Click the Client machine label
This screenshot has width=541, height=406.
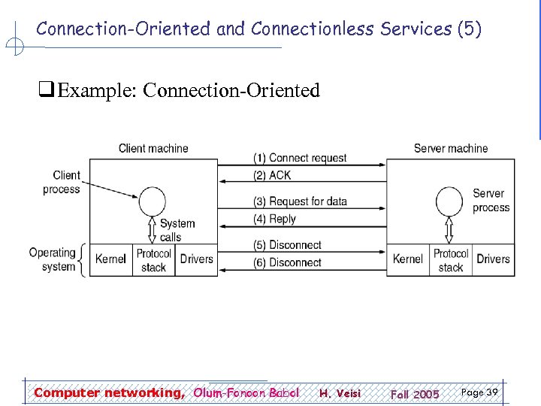point(153,148)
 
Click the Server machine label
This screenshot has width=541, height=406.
point(450,148)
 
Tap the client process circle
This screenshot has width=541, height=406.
point(153,201)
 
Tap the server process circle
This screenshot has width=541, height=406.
point(450,201)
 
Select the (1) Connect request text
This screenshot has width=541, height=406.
point(300,158)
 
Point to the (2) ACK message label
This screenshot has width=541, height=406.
point(272,175)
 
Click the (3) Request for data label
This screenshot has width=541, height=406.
point(300,201)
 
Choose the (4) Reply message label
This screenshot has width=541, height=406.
point(275,219)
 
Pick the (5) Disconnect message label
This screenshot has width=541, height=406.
point(287,245)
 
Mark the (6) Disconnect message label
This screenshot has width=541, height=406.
point(287,262)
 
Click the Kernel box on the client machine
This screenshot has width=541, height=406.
point(110,259)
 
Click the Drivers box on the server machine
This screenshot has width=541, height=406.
point(493,259)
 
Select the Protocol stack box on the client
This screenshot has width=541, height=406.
point(153,260)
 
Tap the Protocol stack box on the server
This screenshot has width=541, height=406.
point(450,260)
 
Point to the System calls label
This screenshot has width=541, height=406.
point(177,230)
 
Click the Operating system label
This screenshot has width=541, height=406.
point(52,259)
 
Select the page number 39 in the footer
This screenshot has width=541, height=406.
point(479,392)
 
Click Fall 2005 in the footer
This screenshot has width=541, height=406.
point(415,394)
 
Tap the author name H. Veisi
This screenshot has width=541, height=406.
point(340,393)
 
